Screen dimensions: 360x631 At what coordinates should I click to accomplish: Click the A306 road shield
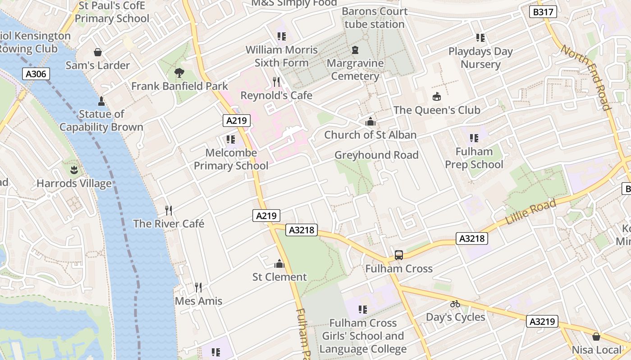[36, 74]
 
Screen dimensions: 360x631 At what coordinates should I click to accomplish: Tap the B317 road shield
[543, 12]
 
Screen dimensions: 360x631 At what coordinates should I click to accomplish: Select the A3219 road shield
[543, 321]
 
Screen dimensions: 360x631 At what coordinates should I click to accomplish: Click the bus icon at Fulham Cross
[399, 255]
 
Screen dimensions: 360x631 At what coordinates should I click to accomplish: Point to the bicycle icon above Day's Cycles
[455, 304]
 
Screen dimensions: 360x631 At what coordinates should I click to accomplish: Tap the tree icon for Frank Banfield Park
[179, 72]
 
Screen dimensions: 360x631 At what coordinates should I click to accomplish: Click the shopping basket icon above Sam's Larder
[98, 52]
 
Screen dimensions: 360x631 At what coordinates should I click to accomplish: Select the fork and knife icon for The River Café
[169, 210]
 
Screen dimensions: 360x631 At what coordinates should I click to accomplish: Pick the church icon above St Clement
[279, 263]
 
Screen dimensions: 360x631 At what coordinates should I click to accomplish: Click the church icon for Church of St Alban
[370, 121]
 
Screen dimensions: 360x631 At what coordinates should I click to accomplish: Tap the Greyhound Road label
[376, 155]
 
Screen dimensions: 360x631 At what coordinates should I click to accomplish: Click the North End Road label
[586, 77]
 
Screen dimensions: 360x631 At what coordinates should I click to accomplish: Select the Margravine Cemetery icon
[355, 49]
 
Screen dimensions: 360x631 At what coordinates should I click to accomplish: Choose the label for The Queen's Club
[437, 110]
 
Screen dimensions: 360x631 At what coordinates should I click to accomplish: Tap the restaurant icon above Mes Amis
[198, 287]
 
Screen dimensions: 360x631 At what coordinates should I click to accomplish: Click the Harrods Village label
[74, 184]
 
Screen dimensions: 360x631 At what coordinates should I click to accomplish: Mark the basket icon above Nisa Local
[596, 336]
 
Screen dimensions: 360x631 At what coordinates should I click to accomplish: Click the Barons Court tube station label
[375, 18]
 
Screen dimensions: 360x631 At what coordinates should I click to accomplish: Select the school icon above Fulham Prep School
[474, 138]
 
